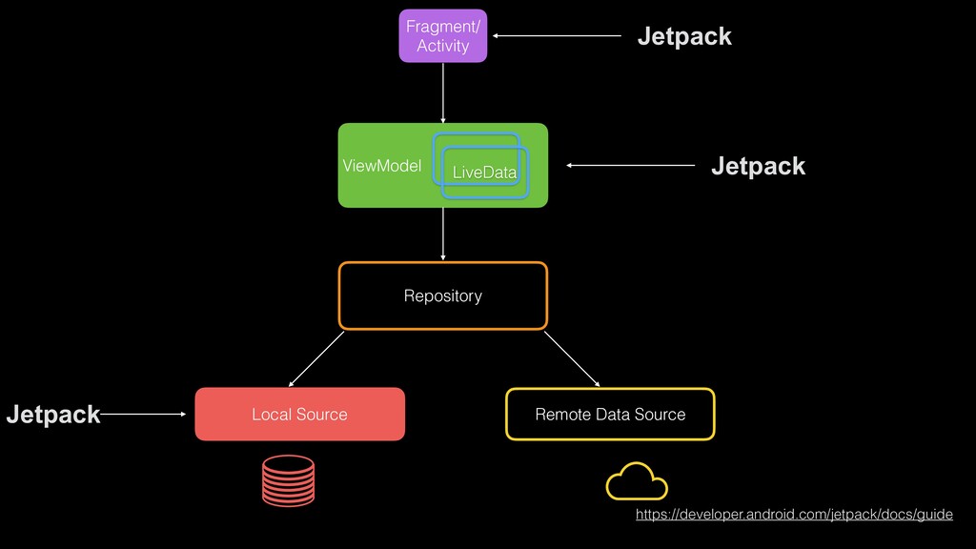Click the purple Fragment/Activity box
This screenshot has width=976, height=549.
click(x=442, y=36)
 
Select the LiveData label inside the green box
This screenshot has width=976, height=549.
click(x=484, y=173)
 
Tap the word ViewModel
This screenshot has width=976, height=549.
click(x=381, y=166)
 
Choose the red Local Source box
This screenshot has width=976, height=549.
click(x=299, y=414)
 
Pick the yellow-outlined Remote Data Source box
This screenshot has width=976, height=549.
click(x=610, y=414)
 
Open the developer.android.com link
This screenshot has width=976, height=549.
click(x=793, y=515)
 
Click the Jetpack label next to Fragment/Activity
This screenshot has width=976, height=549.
click(x=684, y=36)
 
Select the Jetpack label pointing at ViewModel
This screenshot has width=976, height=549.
click(x=758, y=166)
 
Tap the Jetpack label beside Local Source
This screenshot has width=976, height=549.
click(x=52, y=415)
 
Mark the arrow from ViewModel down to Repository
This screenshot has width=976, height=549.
click(x=443, y=234)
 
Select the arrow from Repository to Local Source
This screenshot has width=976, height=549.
click(x=315, y=356)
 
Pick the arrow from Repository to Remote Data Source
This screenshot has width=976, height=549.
click(x=572, y=358)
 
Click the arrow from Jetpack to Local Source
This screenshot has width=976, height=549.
click(x=143, y=415)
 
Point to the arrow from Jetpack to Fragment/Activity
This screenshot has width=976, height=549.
click(x=558, y=36)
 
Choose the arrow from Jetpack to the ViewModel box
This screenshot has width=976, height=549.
click(x=631, y=166)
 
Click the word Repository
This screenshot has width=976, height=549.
click(x=442, y=296)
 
